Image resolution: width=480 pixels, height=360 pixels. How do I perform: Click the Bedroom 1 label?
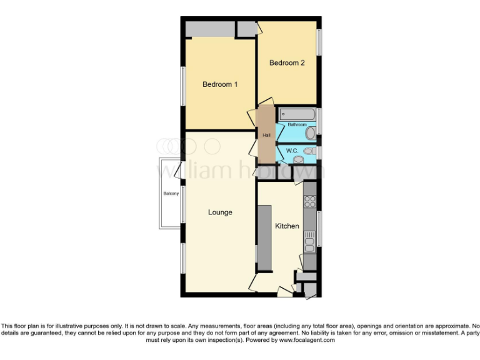pyautogui.click(x=220, y=84)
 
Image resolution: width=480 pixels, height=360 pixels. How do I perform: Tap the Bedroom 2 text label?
pyautogui.click(x=287, y=62)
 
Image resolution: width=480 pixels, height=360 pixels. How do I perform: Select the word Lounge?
pyautogui.click(x=220, y=212)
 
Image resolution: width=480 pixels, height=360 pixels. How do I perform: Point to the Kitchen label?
pyautogui.click(x=287, y=226)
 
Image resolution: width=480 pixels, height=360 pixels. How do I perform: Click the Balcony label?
pyautogui.click(x=171, y=194)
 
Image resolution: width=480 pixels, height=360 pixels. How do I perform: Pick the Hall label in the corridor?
pyautogui.click(x=266, y=135)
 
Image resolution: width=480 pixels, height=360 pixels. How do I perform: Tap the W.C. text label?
pyautogui.click(x=291, y=151)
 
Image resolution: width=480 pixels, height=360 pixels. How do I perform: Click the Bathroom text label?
pyautogui.click(x=296, y=124)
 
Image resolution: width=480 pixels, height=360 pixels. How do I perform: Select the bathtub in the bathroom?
pyautogui.click(x=297, y=114)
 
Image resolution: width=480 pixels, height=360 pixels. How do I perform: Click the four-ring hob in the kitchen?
pyautogui.click(x=309, y=201)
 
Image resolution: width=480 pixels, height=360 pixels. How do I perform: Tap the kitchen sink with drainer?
pyautogui.click(x=309, y=239)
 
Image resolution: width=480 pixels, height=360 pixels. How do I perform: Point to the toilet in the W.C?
pyautogui.click(x=308, y=151)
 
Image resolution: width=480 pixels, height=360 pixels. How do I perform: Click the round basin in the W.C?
pyautogui.click(x=297, y=160)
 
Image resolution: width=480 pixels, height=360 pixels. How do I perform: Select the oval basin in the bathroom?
pyautogui.click(x=311, y=132)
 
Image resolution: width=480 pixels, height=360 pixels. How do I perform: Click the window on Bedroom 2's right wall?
pyautogui.click(x=319, y=42)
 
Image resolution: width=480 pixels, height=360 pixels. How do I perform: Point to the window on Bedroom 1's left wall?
pyautogui.click(x=183, y=85)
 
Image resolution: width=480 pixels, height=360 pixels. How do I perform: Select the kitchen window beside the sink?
pyautogui.click(x=319, y=229)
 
